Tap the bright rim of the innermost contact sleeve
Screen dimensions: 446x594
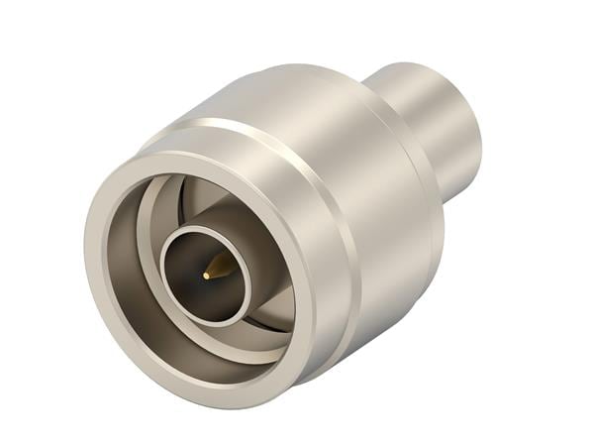pos(206,229)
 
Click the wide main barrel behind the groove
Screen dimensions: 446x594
pos(386,228)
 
